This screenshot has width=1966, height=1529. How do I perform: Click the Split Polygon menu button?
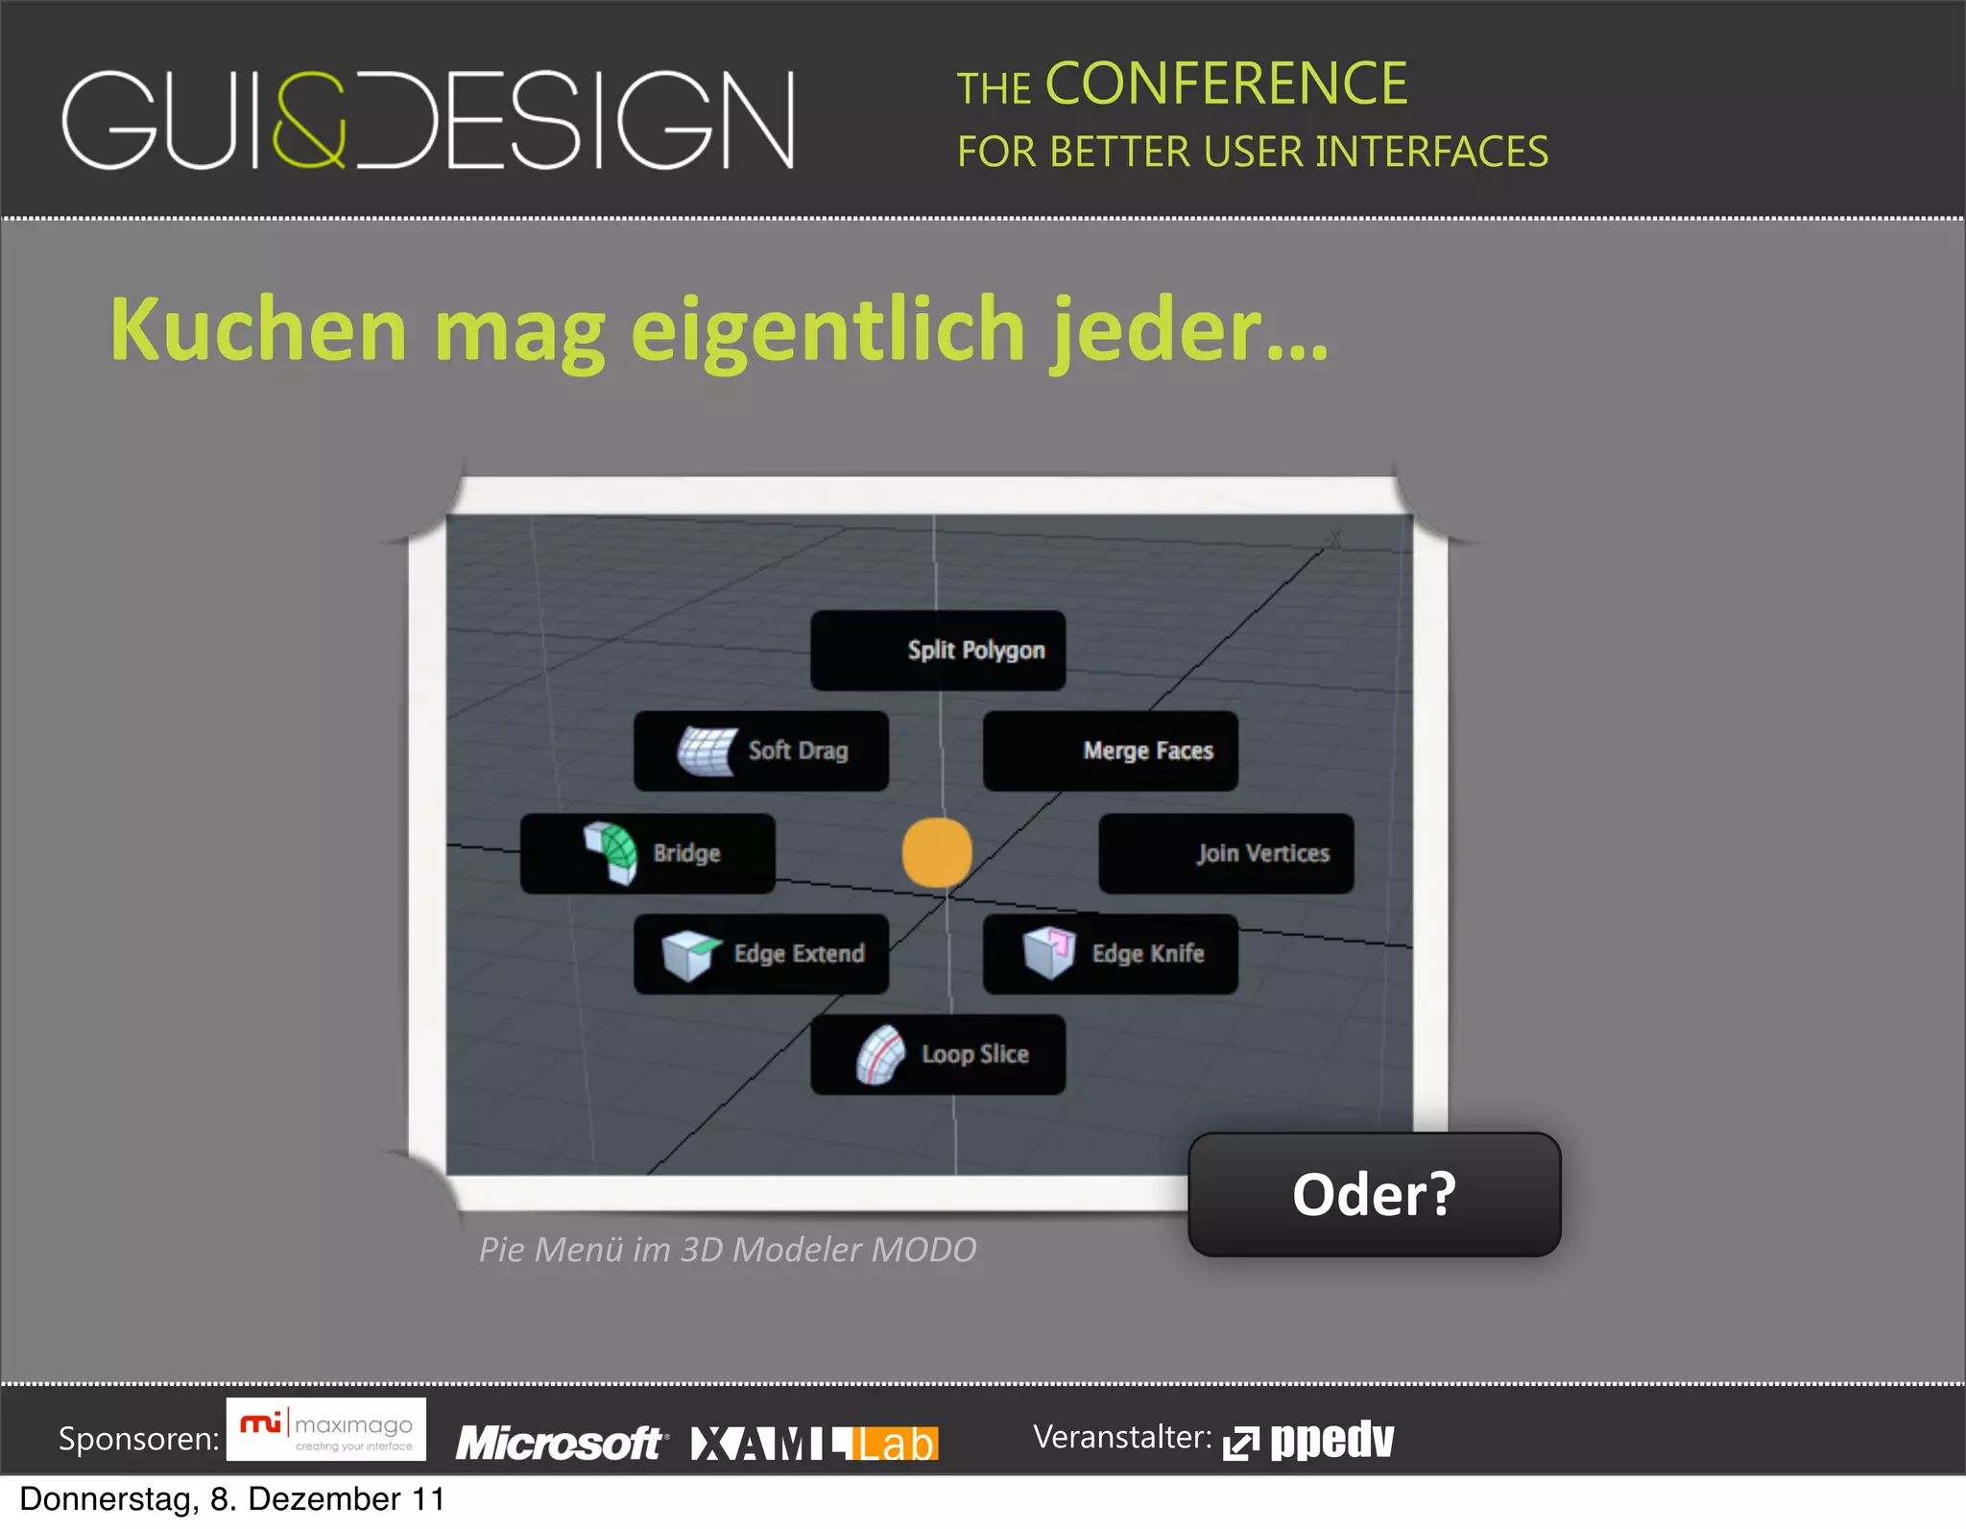[x=938, y=650]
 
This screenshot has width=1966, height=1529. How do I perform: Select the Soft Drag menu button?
[x=761, y=751]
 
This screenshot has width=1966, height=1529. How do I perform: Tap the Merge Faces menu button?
[x=1111, y=751]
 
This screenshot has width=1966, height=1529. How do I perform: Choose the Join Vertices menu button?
[x=1226, y=853]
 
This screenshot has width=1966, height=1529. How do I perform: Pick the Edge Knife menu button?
[x=1111, y=953]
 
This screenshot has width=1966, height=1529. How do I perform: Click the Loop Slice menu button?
[x=938, y=1054]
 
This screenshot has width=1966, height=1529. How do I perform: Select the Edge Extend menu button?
[x=761, y=953]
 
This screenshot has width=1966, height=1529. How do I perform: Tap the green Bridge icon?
[x=611, y=851]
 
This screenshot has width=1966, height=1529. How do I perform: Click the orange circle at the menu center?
[x=937, y=852]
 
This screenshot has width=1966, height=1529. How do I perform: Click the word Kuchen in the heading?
[x=259, y=329]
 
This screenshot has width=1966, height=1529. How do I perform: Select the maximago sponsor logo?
[x=326, y=1430]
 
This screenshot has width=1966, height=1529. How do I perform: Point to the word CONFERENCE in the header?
[x=1226, y=84]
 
